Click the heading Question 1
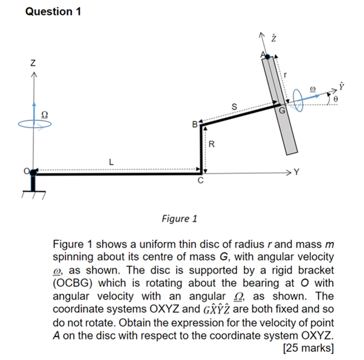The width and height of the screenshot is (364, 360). pyautogui.click(x=53, y=12)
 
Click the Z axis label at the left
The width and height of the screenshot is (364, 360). pyautogui.click(x=33, y=63)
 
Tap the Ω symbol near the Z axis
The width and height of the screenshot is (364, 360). pyautogui.click(x=44, y=114)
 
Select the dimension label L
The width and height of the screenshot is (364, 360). pyautogui.click(x=111, y=161)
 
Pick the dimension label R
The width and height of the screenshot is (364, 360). pyautogui.click(x=212, y=144)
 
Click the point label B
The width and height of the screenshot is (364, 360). pyautogui.click(x=195, y=125)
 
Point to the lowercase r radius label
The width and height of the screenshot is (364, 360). pyautogui.click(x=286, y=75)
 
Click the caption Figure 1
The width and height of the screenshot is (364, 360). pyautogui.click(x=180, y=219)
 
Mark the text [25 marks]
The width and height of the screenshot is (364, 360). pyautogui.click(x=308, y=347)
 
